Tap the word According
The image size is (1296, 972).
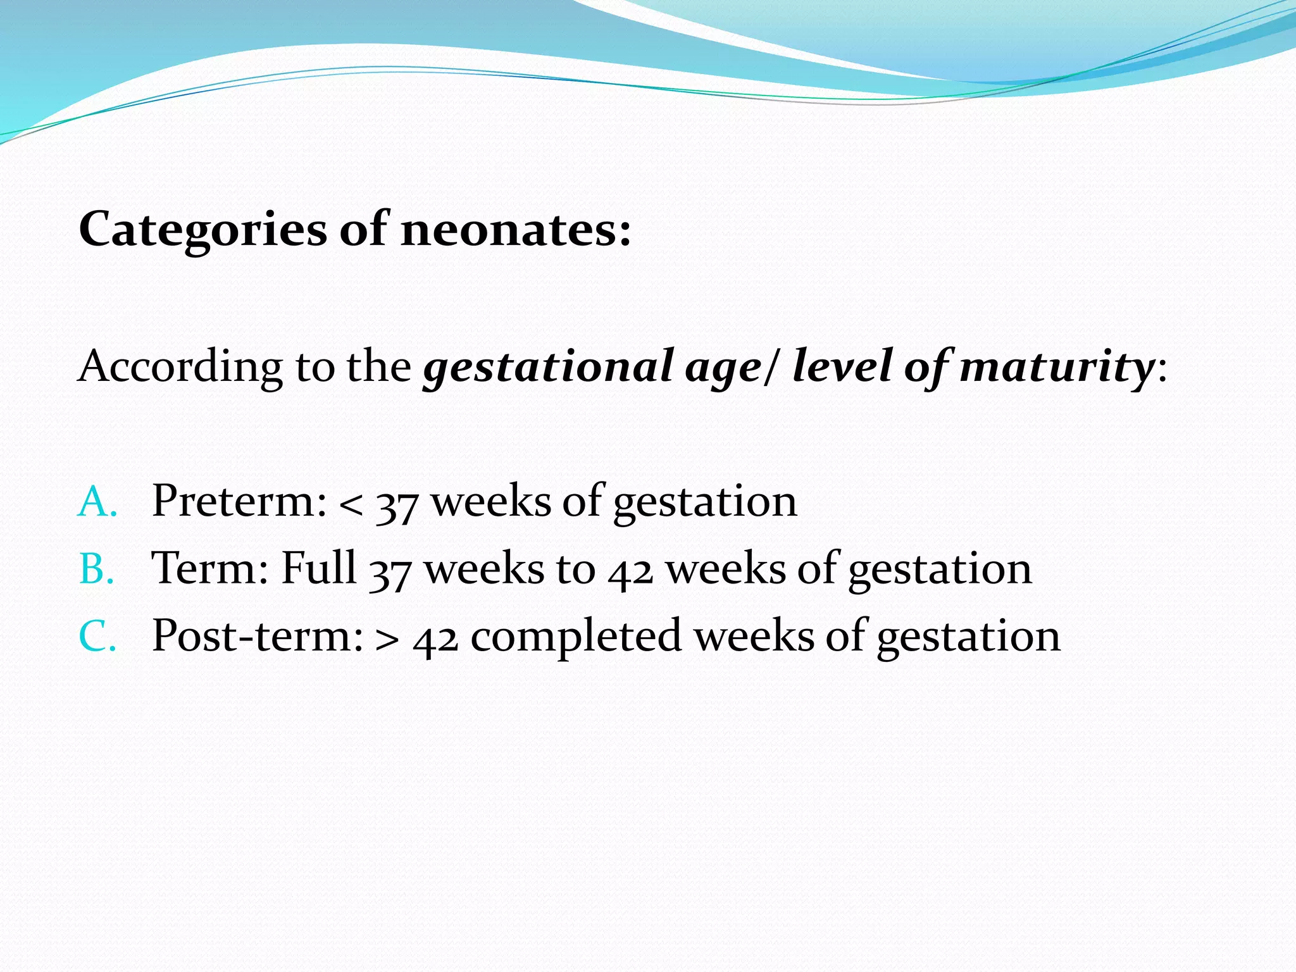tap(180, 367)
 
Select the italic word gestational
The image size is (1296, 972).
tap(548, 367)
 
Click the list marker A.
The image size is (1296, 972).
tap(96, 502)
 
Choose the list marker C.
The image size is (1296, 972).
tap(96, 637)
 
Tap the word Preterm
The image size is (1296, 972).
tap(239, 501)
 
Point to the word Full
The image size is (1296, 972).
tap(318, 567)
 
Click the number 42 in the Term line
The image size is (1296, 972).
tap(630, 571)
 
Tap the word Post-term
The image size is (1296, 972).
tap(257, 636)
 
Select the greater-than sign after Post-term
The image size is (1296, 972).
tap(387, 640)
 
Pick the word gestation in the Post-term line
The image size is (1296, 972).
tap(968, 638)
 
